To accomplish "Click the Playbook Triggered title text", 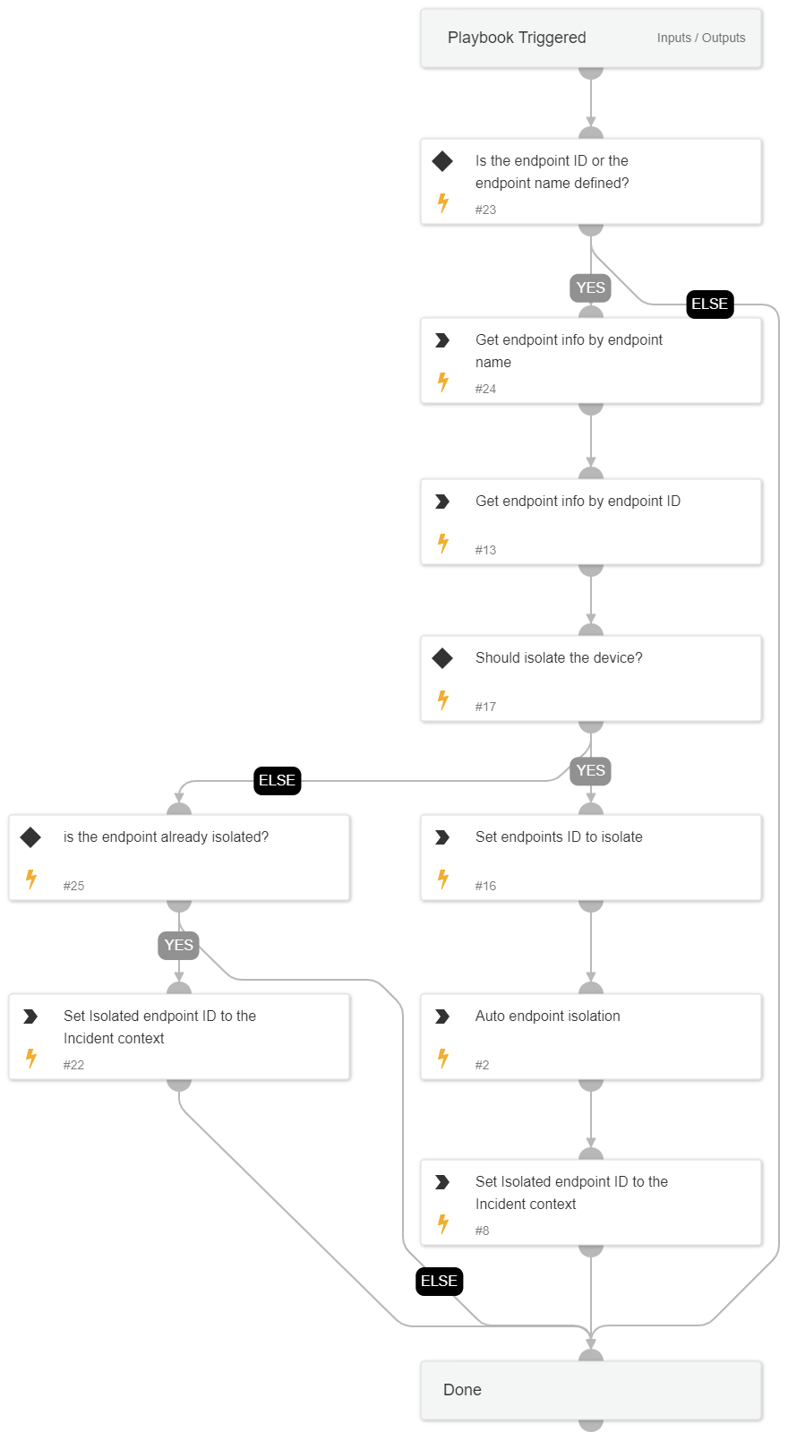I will [x=517, y=38].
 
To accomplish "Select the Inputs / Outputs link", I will [x=700, y=38].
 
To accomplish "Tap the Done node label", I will [x=462, y=1390].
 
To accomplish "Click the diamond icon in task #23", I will [x=442, y=161].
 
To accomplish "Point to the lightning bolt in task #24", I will [x=443, y=382].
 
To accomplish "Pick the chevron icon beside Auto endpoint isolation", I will [x=442, y=1016].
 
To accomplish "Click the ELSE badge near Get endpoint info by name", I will [x=710, y=304].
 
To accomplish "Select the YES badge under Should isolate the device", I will [x=590, y=770].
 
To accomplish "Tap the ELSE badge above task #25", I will [x=277, y=780].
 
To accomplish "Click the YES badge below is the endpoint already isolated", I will [x=178, y=945].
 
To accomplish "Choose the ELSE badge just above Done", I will [x=439, y=1281].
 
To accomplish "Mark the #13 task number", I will [x=485, y=550].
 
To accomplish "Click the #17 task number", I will [x=485, y=707].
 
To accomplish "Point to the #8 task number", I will [x=482, y=1231].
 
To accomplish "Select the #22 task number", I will [x=73, y=1065].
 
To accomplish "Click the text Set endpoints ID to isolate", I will [x=559, y=837].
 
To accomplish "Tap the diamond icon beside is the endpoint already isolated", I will [x=30, y=837].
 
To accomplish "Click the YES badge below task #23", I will [x=590, y=287].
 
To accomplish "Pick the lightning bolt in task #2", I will [x=443, y=1059].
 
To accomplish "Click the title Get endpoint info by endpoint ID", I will [x=578, y=502].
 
